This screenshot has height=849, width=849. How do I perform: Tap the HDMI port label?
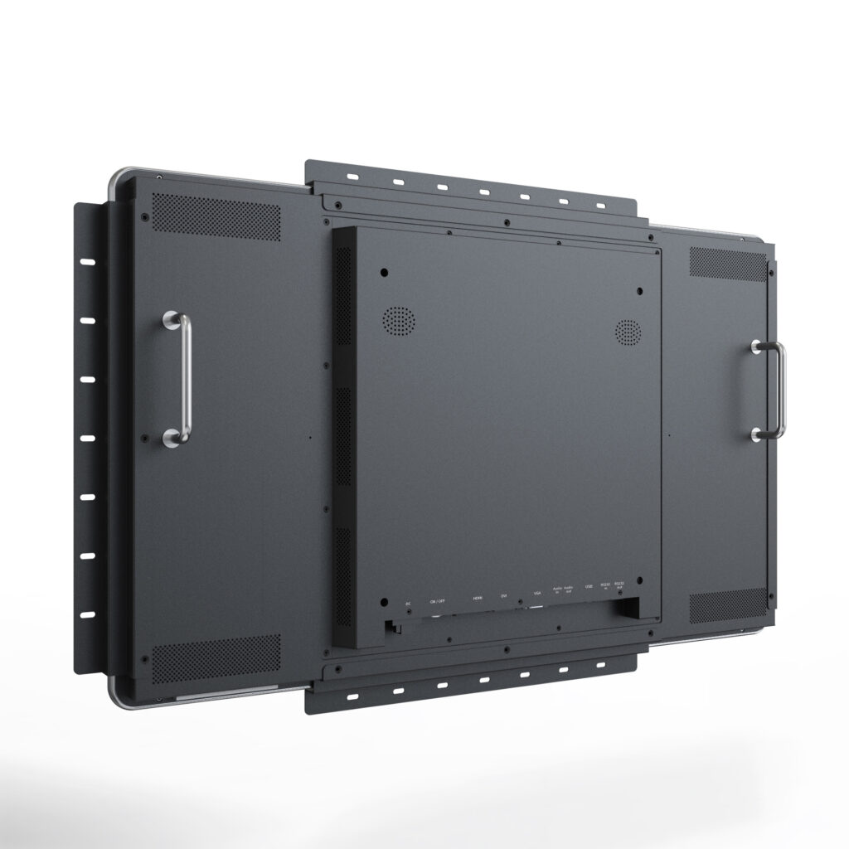pos(477,597)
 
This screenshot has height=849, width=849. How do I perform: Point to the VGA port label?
pos(536,593)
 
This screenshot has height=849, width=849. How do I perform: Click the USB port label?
pos(589,587)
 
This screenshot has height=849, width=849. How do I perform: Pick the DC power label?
pos(408,603)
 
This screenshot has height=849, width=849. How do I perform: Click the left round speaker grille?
pos(398,320)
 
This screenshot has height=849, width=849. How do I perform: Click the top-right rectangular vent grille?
pos(727,264)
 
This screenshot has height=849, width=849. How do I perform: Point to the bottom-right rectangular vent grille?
pos(727,606)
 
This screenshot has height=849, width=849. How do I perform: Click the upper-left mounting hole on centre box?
pos(383,272)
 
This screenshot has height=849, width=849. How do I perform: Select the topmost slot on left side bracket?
pos(88,262)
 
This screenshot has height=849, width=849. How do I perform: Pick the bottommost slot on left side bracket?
pos(88,614)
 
